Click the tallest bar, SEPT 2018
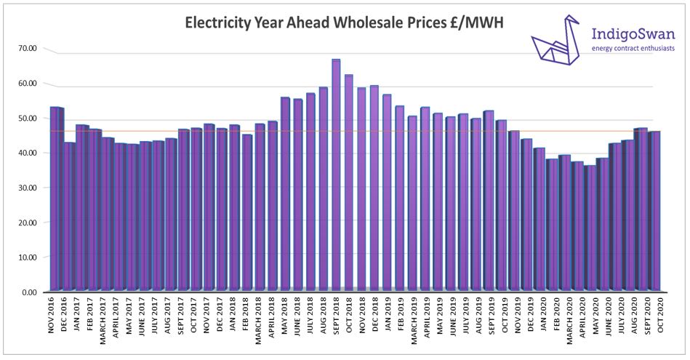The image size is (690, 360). (x=336, y=175)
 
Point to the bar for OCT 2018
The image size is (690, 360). (x=348, y=183)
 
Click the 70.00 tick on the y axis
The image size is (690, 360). (x=28, y=48)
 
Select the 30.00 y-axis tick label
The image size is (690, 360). (x=28, y=188)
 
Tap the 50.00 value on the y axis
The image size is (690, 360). (x=28, y=118)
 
